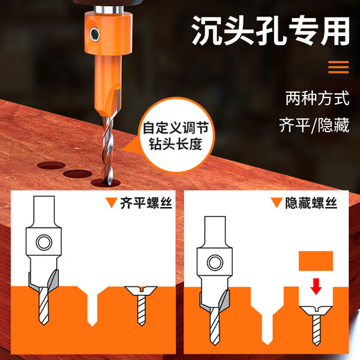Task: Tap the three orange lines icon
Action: coord(338,67)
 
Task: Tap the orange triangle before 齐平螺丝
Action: coord(109,204)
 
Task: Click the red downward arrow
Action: coord(316,285)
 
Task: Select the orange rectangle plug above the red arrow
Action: coord(316,262)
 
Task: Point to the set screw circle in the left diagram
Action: coord(44,243)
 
